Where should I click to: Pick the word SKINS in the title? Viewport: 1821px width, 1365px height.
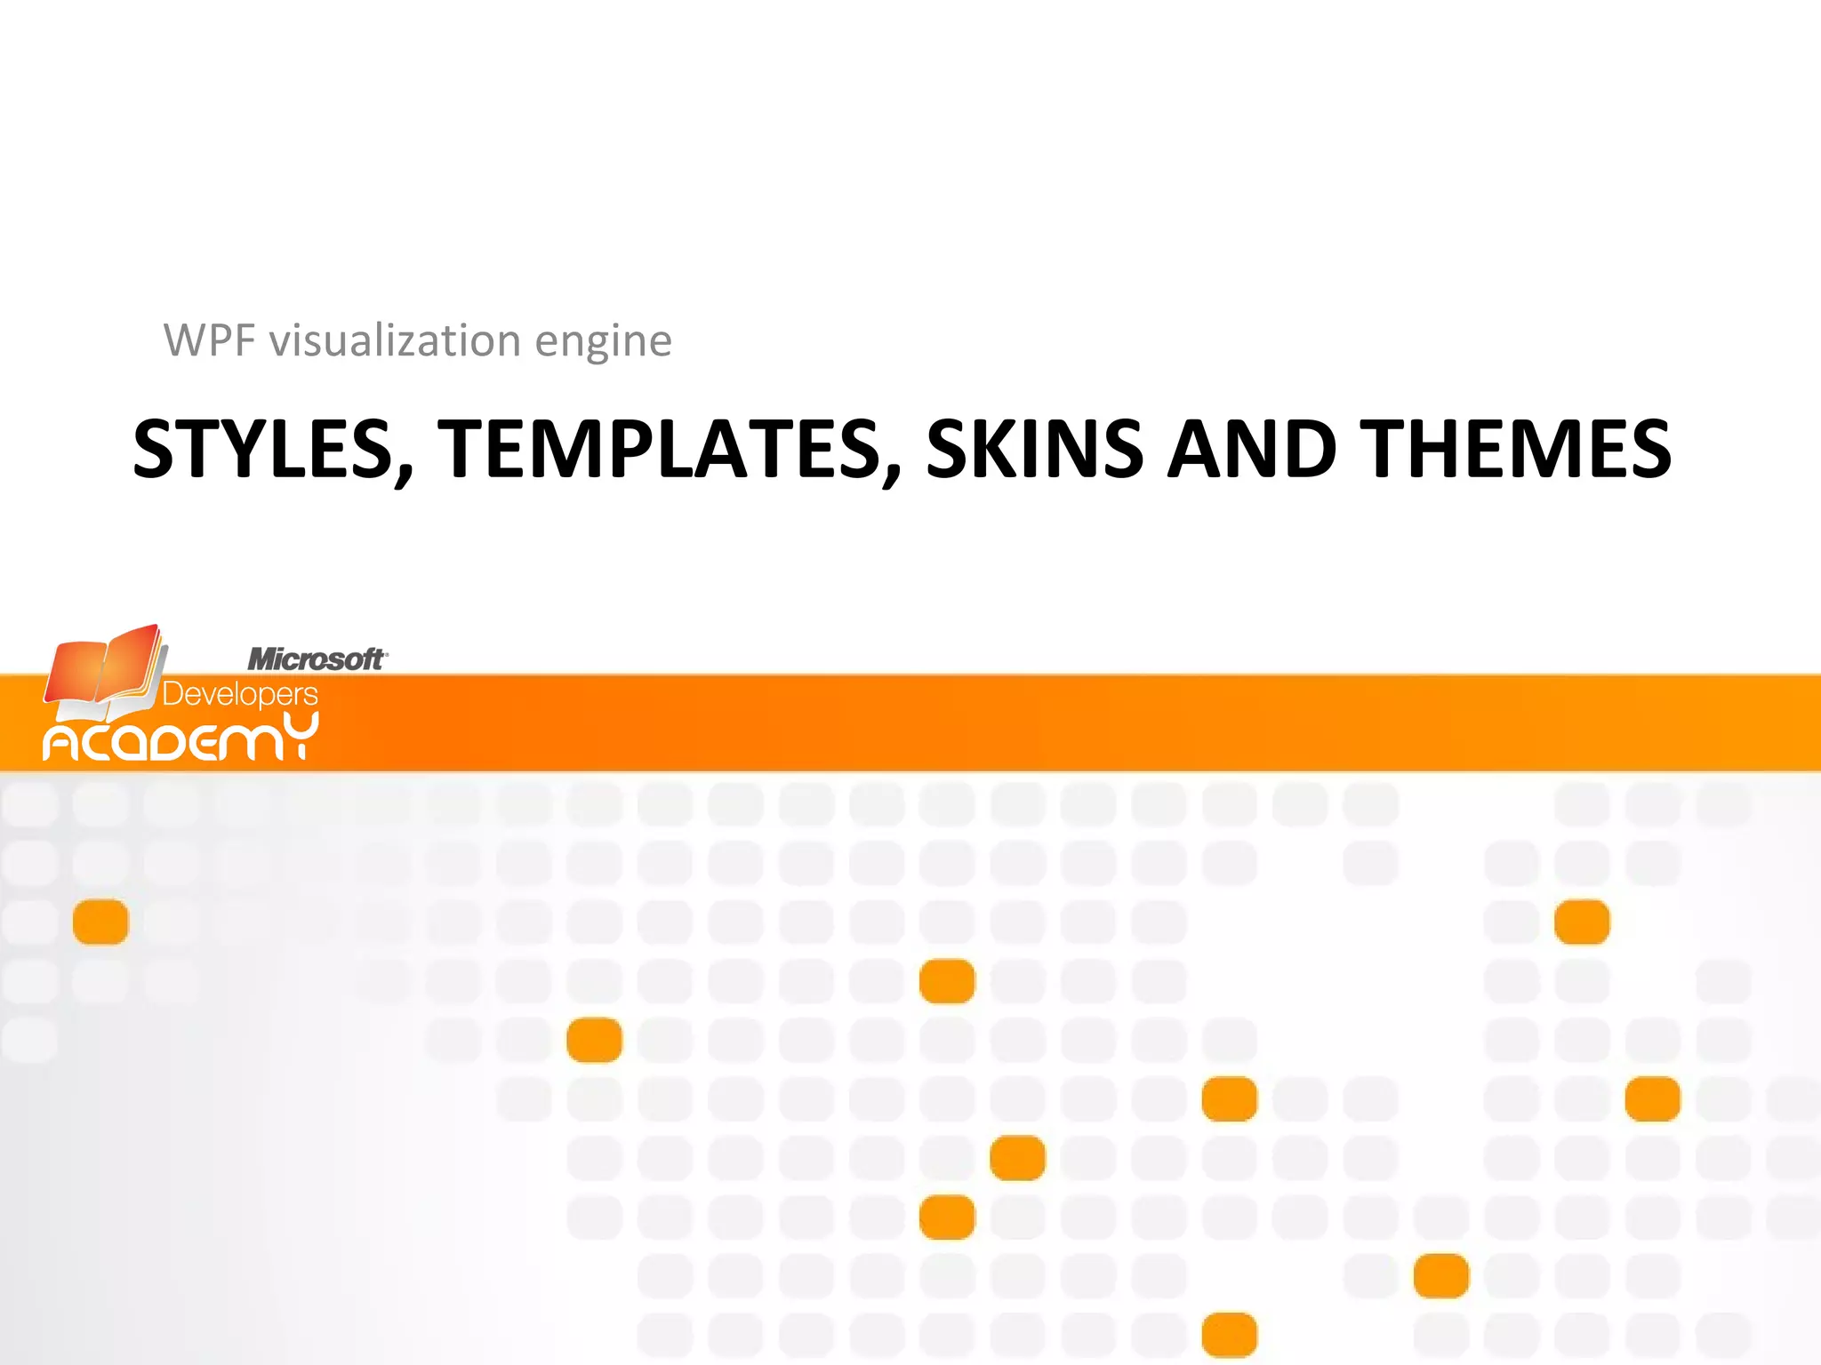1034,450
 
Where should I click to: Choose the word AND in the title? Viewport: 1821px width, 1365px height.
1252,450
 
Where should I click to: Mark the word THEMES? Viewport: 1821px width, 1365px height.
1515,450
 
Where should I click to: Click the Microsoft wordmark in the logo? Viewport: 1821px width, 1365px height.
316,659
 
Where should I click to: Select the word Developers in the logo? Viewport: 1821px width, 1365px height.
240,694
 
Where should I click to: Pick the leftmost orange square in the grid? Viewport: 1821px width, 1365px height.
100,922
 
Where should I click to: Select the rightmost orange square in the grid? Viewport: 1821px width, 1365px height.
1652,1099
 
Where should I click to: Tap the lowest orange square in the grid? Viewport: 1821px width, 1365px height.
1229,1335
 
